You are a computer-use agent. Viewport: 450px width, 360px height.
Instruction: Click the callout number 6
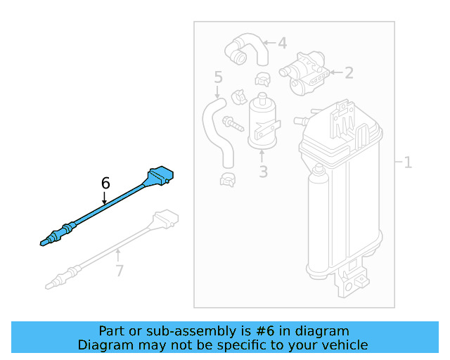click(105, 183)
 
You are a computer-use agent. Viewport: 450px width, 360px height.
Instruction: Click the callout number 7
click(119, 271)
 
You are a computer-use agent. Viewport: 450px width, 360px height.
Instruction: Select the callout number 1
click(408, 163)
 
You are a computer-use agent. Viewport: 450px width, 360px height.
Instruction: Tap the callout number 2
click(349, 72)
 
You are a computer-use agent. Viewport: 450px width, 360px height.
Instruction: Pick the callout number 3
click(262, 172)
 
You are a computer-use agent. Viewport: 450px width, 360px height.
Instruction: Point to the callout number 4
click(282, 44)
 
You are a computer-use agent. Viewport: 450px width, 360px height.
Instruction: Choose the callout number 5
click(218, 76)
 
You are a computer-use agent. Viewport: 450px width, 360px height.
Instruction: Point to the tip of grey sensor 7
click(49, 285)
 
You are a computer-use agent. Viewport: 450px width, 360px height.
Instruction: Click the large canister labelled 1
click(341, 190)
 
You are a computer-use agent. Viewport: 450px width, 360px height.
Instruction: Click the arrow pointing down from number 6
click(105, 198)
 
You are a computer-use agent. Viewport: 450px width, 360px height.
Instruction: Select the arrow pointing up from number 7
click(119, 255)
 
